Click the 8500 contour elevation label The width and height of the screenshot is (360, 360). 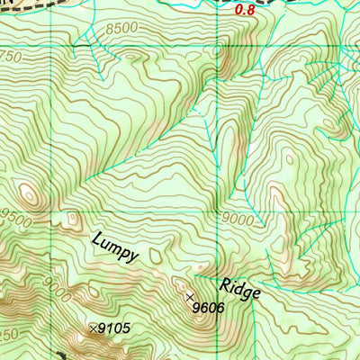121,29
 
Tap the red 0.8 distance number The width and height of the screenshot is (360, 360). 244,10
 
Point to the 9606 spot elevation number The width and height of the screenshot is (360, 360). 208,309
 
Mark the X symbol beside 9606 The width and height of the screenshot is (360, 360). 189,296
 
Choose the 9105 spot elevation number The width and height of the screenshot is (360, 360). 113,328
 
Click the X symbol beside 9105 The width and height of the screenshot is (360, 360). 93,328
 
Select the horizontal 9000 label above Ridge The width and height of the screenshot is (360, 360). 238,219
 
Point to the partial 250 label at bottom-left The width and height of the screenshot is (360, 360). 9,335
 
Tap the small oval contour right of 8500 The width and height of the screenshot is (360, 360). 136,56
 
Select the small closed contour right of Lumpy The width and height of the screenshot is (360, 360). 157,258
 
